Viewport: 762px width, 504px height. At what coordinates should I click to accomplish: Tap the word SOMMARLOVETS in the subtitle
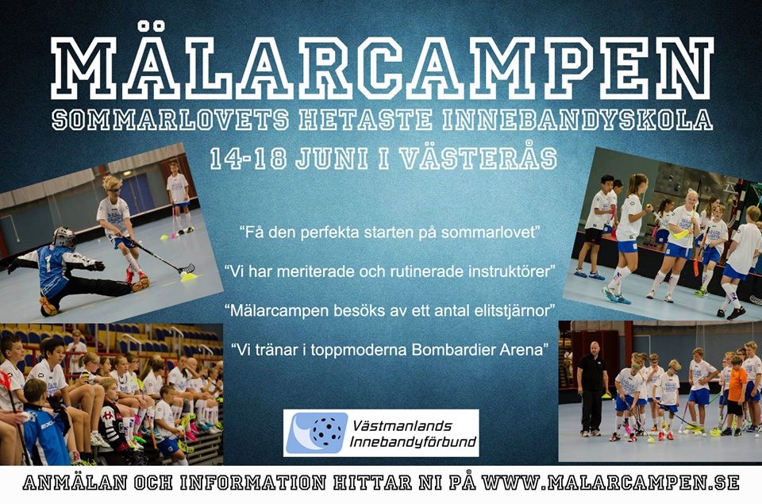(171, 120)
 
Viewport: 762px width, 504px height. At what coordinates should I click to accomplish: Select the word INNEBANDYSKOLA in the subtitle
(578, 120)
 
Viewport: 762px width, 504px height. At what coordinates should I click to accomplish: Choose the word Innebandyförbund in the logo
(413, 442)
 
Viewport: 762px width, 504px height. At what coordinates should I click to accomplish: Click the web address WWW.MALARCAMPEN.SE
(610, 482)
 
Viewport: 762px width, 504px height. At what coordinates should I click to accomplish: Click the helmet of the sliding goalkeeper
(64, 237)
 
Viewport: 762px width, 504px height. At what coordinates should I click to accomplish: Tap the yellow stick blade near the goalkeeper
(188, 276)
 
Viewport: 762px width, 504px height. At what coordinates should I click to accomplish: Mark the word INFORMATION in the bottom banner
(252, 483)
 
